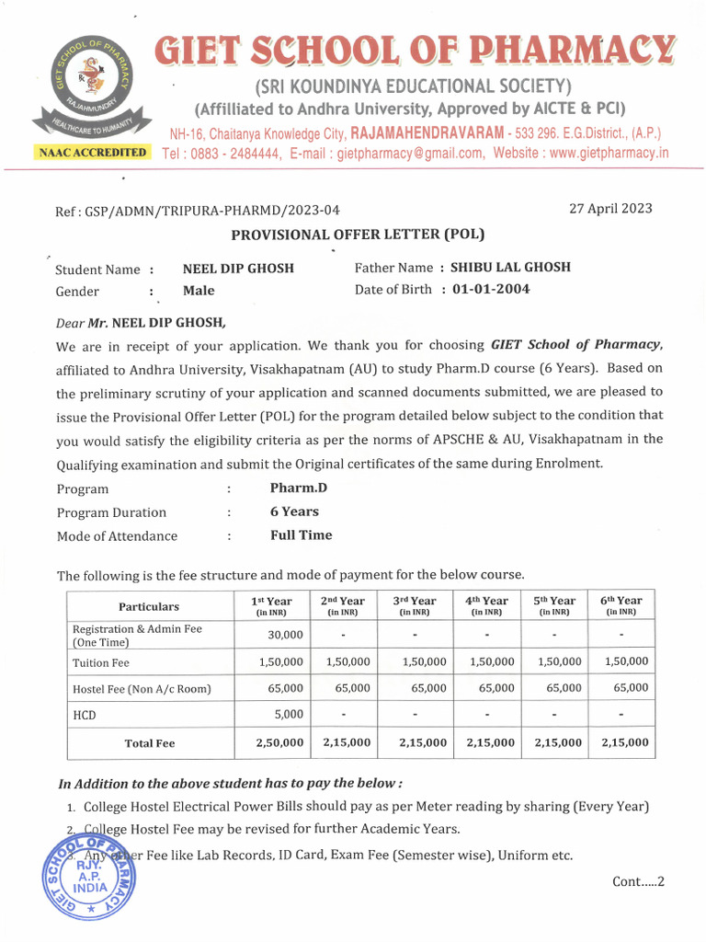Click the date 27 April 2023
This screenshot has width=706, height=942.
click(610, 208)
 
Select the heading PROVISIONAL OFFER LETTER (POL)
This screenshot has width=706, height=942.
click(357, 235)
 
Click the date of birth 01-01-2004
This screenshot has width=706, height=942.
click(491, 289)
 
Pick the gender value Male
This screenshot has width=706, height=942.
click(199, 291)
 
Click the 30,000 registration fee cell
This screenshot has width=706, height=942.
click(285, 635)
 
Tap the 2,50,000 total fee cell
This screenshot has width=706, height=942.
click(279, 742)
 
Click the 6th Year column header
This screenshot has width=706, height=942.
click(621, 604)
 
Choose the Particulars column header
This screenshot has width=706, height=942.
click(149, 606)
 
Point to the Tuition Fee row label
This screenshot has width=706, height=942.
click(101, 662)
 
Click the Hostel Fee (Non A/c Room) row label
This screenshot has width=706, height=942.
click(142, 688)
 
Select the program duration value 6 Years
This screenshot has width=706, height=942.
click(294, 511)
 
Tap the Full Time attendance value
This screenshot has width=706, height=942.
click(301, 534)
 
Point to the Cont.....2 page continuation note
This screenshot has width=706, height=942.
click(637, 881)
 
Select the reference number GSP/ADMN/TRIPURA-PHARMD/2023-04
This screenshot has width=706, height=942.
click(216, 211)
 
